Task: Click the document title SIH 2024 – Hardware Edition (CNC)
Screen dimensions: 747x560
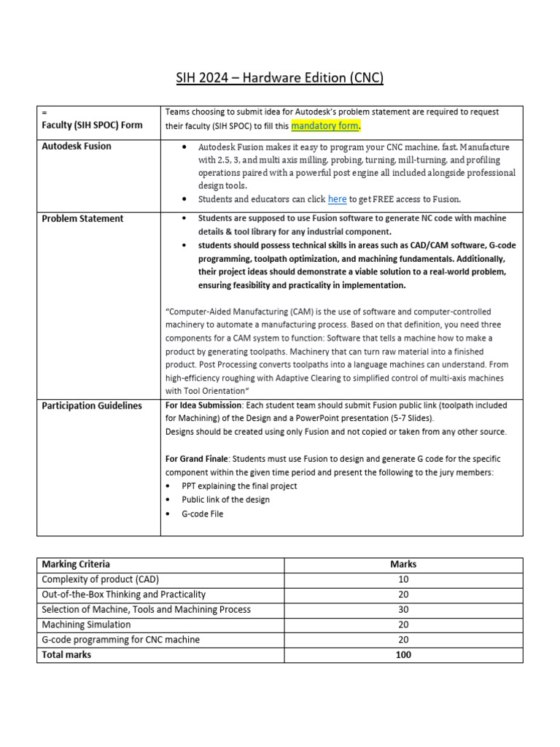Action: [x=280, y=77]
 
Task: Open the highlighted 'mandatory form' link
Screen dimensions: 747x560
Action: [x=325, y=125]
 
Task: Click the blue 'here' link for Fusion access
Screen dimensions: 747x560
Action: [x=337, y=199]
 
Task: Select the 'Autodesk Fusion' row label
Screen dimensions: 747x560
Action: [x=77, y=146]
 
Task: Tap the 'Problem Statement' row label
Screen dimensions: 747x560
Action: [x=82, y=218]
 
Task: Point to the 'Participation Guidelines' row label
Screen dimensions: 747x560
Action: [x=92, y=406]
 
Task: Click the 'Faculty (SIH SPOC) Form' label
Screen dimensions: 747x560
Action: [x=92, y=125]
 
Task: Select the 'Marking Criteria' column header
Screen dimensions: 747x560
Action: [x=76, y=564]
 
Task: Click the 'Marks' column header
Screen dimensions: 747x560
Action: [x=403, y=564]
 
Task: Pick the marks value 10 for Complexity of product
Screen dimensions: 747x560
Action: [x=403, y=579]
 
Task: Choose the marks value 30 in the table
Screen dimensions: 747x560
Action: [x=403, y=609]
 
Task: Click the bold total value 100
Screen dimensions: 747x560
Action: [x=403, y=654]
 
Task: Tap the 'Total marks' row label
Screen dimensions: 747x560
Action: [x=66, y=654]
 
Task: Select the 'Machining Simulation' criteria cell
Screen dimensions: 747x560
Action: [x=86, y=624]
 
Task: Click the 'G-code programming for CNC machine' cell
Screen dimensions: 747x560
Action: [x=120, y=640]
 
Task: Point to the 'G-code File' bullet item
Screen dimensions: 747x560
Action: [x=202, y=514]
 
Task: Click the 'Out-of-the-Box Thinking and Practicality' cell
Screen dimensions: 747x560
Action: [x=123, y=595]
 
